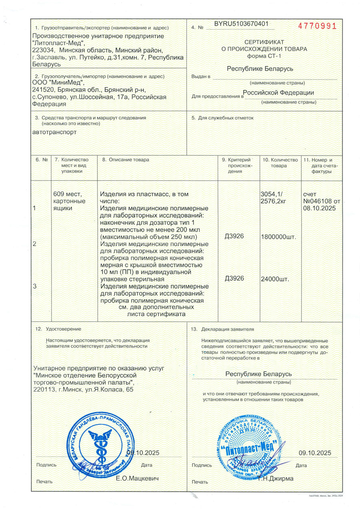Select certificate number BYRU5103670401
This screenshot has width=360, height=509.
(241, 24)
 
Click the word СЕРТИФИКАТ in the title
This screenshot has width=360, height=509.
(264, 42)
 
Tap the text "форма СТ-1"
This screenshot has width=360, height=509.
(264, 56)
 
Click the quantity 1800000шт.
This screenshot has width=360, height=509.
(278, 237)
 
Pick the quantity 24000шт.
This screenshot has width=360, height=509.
(274, 279)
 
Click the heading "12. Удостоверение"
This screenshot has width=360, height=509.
(58, 329)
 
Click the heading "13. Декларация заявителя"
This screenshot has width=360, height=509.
(223, 329)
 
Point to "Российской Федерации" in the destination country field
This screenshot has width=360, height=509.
(278, 92)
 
